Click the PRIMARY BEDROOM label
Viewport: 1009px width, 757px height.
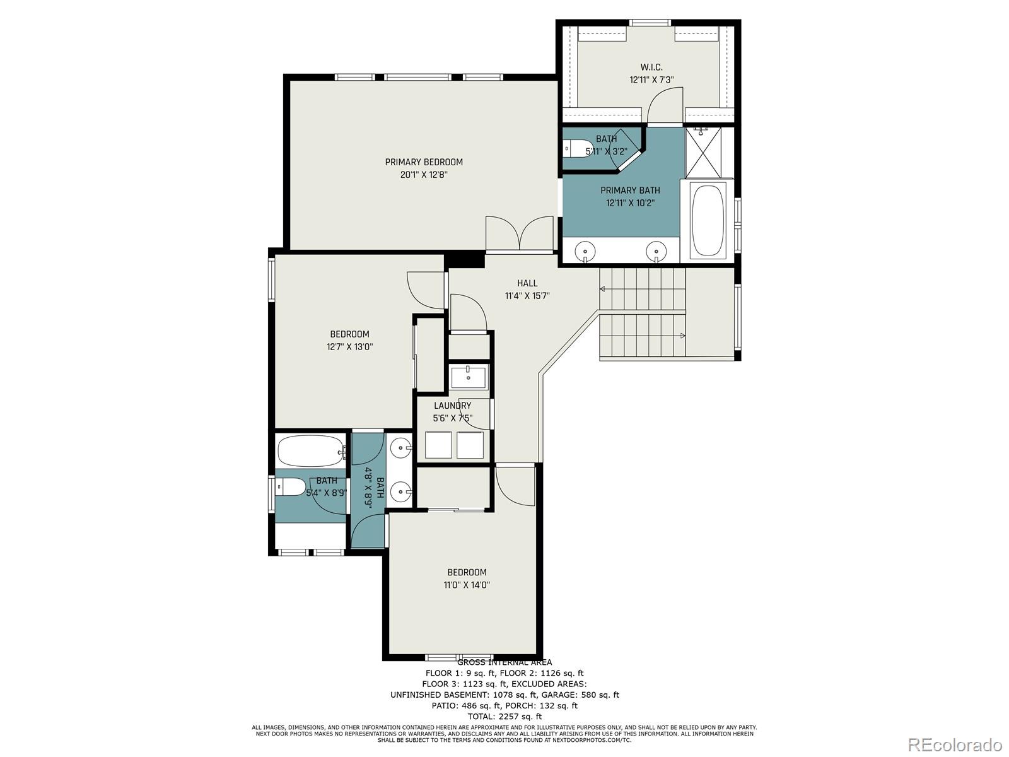click(x=424, y=162)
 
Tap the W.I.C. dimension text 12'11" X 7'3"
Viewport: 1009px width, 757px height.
click(x=651, y=80)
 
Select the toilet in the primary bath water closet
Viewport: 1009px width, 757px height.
click(x=577, y=148)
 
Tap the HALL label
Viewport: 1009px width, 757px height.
click(x=527, y=283)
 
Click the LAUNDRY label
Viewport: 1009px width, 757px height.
click(x=452, y=406)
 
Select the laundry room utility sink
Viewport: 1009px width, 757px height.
click(x=469, y=377)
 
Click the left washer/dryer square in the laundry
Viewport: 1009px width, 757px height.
click(x=438, y=445)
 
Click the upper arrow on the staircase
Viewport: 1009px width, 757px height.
click(x=602, y=290)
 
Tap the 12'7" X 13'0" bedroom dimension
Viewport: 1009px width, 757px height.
click(x=350, y=346)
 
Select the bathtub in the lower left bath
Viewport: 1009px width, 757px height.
click(x=311, y=450)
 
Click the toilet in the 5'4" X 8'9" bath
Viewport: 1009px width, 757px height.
click(x=289, y=487)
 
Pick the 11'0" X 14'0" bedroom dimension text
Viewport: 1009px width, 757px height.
click(x=467, y=585)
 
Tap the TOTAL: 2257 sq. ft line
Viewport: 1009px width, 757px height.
click(x=504, y=716)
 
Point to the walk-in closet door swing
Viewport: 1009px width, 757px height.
click(x=666, y=104)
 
